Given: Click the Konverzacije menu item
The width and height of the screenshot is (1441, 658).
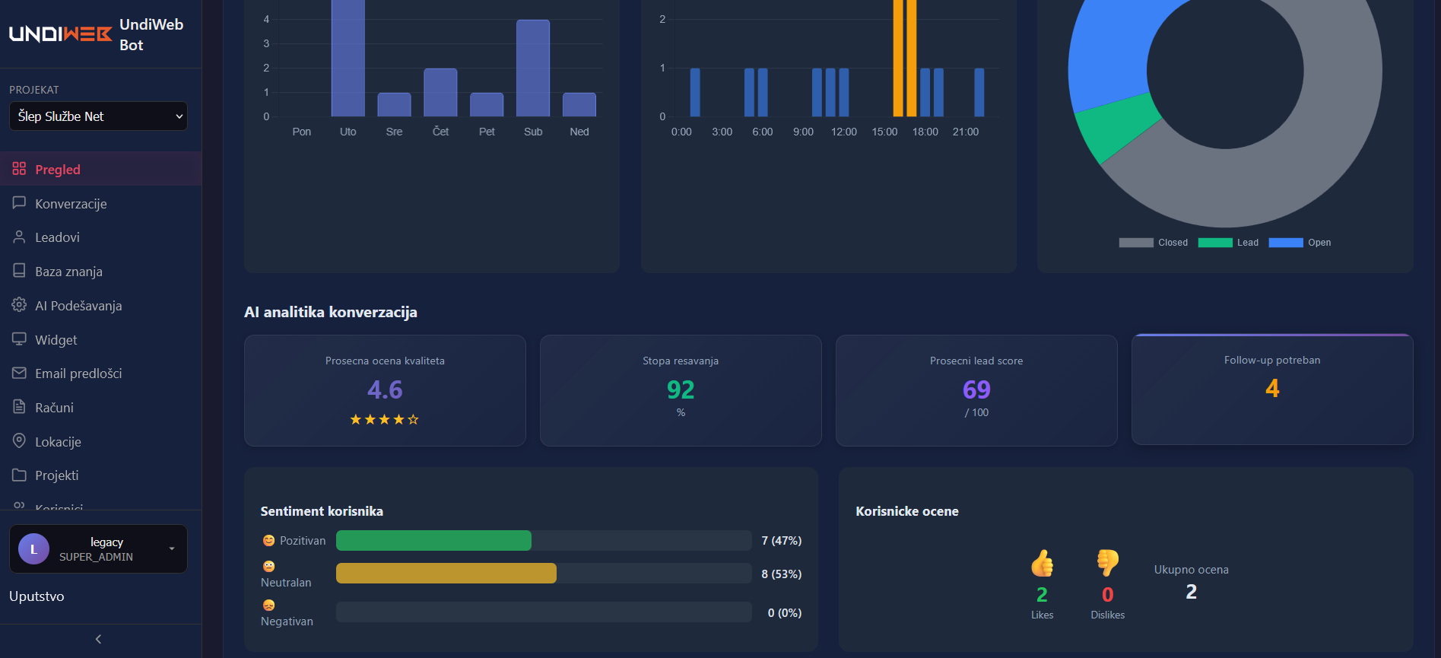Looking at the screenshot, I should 71,204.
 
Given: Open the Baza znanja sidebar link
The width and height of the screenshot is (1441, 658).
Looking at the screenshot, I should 68,272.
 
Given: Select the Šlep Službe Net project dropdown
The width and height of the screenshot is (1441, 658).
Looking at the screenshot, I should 98,116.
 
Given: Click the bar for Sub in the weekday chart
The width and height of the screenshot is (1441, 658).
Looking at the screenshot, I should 532,68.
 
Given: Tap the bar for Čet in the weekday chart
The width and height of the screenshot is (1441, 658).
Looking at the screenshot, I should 440,93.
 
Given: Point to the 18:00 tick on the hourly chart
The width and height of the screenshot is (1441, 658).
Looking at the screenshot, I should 925,132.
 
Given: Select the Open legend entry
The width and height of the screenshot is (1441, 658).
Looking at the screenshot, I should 1300,243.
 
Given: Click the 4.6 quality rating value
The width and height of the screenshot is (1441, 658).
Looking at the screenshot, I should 385,389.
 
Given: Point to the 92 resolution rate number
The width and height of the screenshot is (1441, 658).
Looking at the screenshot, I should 681,389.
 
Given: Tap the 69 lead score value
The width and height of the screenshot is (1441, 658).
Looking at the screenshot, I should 976,389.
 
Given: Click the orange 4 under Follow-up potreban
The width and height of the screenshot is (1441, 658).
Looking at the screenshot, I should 1272,388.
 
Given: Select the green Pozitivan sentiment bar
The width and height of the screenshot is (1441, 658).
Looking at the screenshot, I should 433,541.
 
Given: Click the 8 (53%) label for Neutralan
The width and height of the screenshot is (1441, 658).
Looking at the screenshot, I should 781,574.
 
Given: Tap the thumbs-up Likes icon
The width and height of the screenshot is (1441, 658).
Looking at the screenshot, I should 1042,564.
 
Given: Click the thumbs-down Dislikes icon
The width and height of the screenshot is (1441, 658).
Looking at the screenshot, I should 1107,563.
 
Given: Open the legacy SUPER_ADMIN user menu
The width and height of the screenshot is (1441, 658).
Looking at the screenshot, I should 98,548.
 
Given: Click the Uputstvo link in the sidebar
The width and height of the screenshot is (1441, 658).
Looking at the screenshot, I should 37,596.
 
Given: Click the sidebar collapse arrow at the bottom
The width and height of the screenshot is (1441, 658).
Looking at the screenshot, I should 98,639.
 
